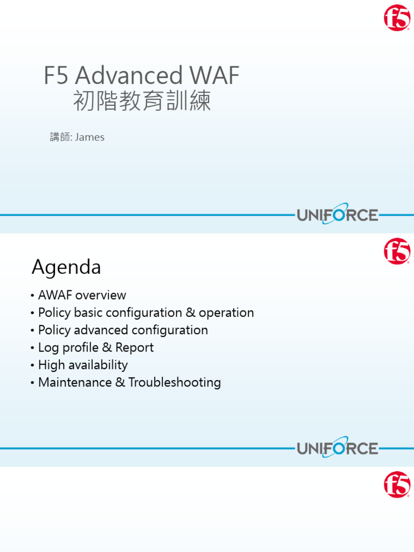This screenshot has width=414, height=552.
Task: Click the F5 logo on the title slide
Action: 397,18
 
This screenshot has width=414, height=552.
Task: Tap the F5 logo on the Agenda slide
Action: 397,252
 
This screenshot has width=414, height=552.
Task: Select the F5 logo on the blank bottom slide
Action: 397,485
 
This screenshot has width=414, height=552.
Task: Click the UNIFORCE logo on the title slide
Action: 337,215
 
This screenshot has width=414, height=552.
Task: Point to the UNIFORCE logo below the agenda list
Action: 337,448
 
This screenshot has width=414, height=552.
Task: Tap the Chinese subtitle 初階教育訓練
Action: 142,101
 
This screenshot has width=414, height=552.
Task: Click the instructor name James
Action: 89,137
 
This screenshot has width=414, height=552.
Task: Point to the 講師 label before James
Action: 60,137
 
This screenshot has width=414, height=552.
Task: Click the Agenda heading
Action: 66,267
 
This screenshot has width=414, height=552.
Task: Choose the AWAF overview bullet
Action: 82,295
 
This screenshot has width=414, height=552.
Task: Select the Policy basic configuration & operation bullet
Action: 146,313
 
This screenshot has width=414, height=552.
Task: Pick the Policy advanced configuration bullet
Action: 123,330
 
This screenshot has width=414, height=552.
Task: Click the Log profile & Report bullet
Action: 96,348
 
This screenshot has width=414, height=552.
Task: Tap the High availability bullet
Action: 83,365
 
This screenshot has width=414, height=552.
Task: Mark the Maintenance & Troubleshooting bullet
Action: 129,383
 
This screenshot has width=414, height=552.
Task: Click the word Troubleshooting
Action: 175,383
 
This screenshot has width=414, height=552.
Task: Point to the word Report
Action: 134,348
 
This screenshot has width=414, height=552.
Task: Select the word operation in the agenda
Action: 226,313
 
